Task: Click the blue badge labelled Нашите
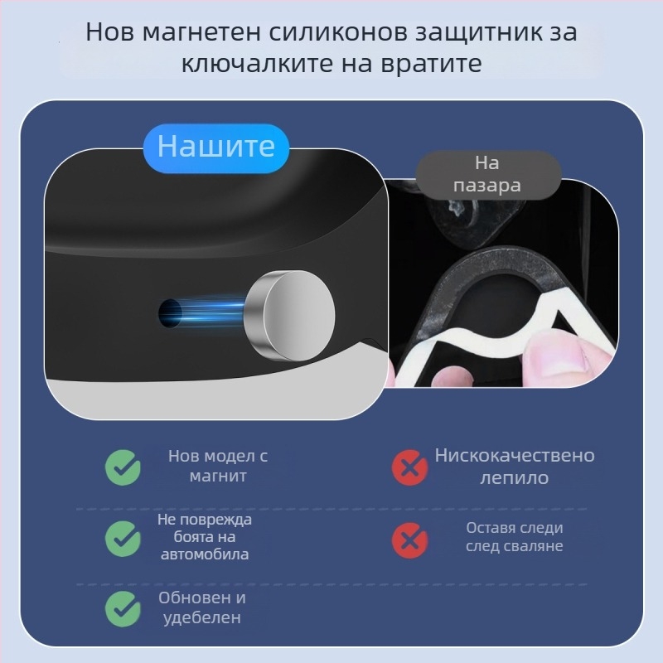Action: pyautogui.click(x=215, y=147)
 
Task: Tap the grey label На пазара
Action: pyautogui.click(x=487, y=174)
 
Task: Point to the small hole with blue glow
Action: pyautogui.click(x=171, y=312)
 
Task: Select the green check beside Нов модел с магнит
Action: pyautogui.click(x=123, y=467)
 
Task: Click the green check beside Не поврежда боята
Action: pyautogui.click(x=123, y=539)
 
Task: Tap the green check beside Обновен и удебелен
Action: pyautogui.click(x=123, y=609)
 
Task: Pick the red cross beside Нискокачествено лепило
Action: pyautogui.click(x=409, y=467)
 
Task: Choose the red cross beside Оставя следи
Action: pyautogui.click(x=409, y=539)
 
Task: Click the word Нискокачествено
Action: pyautogui.click(x=515, y=456)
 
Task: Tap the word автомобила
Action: pyautogui.click(x=206, y=554)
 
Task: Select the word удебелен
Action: pyautogui.click(x=203, y=617)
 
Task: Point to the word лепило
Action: pyautogui.click(x=515, y=478)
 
